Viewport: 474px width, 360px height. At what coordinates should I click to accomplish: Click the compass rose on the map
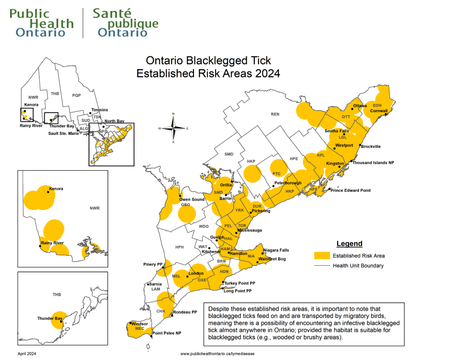(x=173, y=128)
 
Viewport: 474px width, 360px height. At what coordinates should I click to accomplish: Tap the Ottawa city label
(x=360, y=106)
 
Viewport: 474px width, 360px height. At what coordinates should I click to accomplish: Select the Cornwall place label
(x=379, y=111)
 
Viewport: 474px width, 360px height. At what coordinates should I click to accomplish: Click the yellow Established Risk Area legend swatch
(x=323, y=256)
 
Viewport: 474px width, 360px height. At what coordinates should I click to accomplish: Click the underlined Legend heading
(x=349, y=244)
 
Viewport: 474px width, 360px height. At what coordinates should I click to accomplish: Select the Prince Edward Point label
(x=351, y=190)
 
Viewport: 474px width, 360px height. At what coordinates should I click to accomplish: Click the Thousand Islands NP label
(x=373, y=163)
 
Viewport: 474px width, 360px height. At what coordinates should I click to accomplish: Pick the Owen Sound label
(x=192, y=200)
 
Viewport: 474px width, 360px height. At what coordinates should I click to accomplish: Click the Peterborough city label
(x=288, y=183)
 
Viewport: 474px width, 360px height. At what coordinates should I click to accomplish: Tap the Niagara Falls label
(x=276, y=250)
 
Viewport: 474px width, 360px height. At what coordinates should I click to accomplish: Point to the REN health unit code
(x=275, y=114)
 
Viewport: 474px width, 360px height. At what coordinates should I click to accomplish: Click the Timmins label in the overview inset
(x=99, y=110)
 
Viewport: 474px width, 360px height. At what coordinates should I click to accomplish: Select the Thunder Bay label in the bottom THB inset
(x=49, y=319)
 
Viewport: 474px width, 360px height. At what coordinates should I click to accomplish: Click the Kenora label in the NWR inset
(x=56, y=189)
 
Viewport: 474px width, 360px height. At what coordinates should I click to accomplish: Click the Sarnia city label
(x=155, y=284)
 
